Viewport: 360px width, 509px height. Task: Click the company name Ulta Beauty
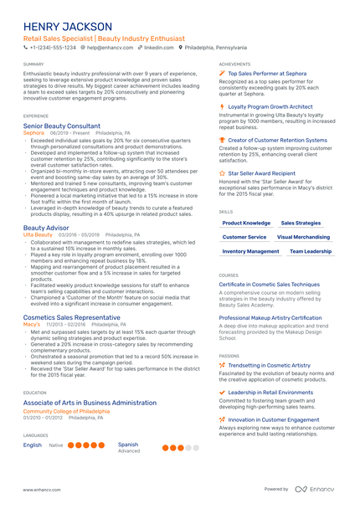tap(38, 235)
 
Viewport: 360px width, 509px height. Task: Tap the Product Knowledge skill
tap(246, 224)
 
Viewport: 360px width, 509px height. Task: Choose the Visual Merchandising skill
tap(303, 237)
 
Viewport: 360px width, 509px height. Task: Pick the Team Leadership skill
tap(311, 251)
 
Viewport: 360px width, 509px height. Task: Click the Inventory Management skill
tap(251, 251)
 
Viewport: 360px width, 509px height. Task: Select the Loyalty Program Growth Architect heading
tap(273, 107)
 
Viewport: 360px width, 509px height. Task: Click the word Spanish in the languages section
tap(128, 445)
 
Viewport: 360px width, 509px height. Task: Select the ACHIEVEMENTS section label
tap(234, 64)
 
